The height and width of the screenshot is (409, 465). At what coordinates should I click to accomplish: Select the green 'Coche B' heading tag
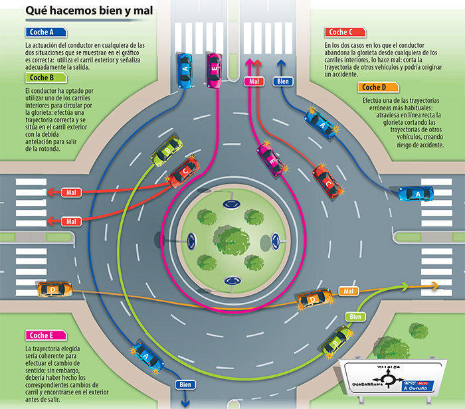point(46,78)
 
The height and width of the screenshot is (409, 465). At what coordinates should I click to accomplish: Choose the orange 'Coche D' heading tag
point(378,88)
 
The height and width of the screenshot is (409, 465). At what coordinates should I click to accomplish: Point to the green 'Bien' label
point(357,317)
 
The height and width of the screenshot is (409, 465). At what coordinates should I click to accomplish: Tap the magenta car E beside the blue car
point(213,70)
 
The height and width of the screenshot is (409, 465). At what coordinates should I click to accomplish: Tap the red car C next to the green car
point(183,172)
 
